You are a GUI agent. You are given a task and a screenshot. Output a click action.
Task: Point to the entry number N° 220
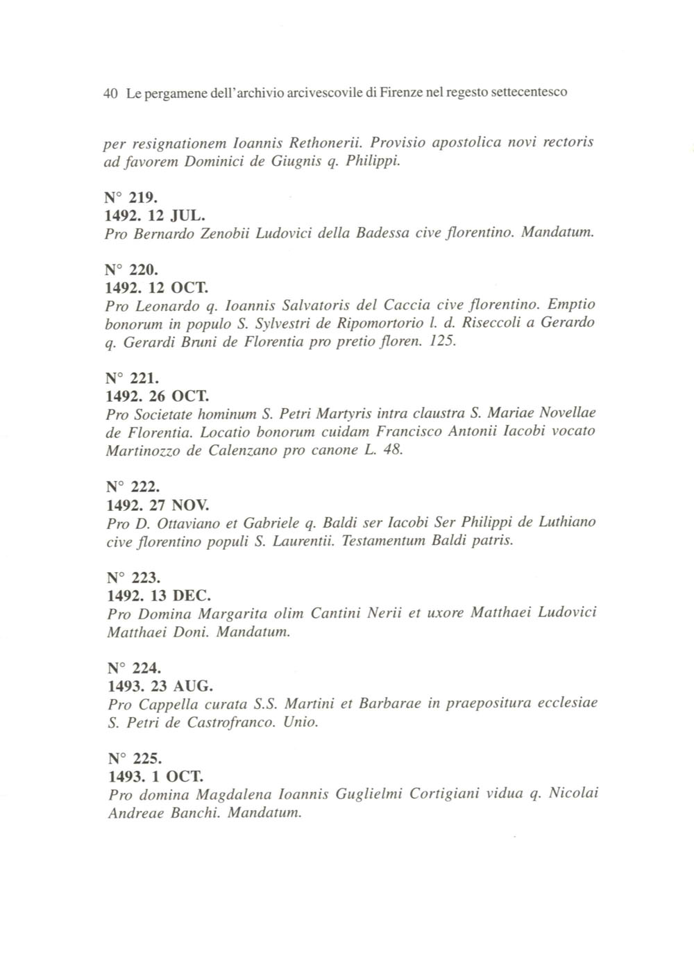126,269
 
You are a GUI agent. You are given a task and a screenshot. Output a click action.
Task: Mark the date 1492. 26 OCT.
157,396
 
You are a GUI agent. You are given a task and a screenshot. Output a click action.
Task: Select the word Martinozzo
144,451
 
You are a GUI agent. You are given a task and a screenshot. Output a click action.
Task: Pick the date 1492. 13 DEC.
159,596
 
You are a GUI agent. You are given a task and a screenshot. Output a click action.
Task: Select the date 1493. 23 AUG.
160,686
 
